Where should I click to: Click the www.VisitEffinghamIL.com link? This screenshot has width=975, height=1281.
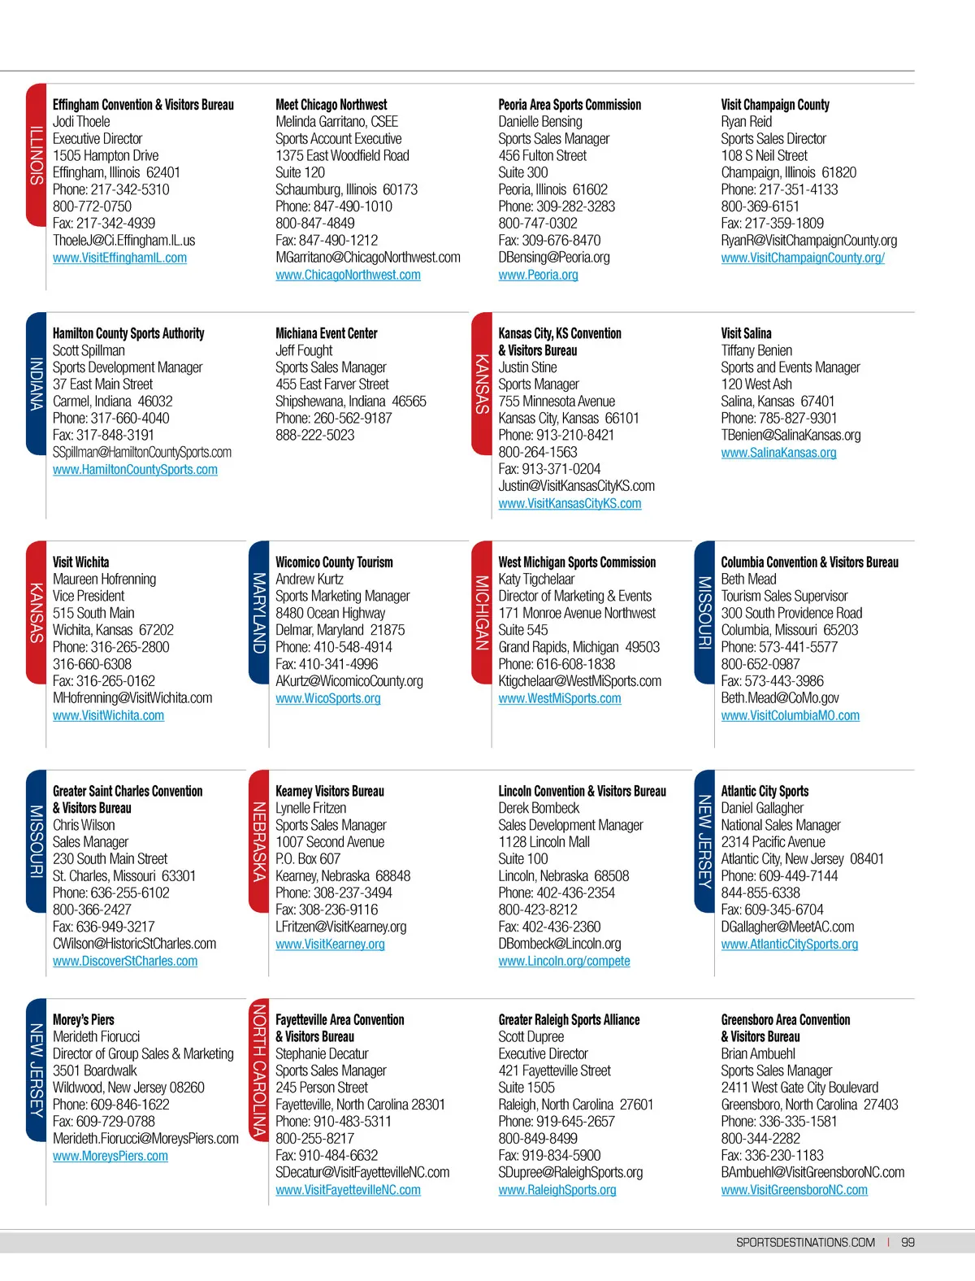tap(119, 258)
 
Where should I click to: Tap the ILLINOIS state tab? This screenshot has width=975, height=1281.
tap(37, 154)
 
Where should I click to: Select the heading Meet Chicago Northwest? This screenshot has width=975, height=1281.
tap(331, 105)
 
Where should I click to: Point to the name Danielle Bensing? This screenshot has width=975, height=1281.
tap(539, 122)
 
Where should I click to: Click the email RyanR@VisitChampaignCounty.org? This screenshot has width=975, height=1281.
tap(808, 241)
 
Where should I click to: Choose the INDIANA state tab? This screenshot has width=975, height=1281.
tap(37, 383)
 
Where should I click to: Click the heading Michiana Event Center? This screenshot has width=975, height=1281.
tap(326, 333)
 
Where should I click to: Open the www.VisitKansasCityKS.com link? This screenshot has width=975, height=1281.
tap(570, 503)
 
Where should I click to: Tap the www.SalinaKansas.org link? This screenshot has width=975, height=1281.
tap(778, 453)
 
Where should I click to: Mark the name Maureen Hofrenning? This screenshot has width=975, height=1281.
tap(104, 580)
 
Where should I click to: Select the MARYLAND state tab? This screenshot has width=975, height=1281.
tap(259, 612)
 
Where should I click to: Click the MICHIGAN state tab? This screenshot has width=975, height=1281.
tap(482, 612)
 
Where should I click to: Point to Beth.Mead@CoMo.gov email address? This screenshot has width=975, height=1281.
tap(779, 698)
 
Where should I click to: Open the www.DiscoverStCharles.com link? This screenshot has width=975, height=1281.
tap(125, 961)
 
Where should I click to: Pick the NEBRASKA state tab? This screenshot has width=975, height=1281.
tap(259, 841)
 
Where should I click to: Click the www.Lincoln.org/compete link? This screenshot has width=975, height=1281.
tap(564, 961)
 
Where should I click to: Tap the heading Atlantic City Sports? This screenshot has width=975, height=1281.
tap(765, 791)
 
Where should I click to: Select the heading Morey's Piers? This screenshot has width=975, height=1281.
tap(84, 1019)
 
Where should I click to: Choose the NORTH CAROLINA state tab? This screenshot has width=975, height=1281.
tap(259, 1070)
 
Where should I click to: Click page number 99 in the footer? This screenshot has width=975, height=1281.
tap(908, 1242)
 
